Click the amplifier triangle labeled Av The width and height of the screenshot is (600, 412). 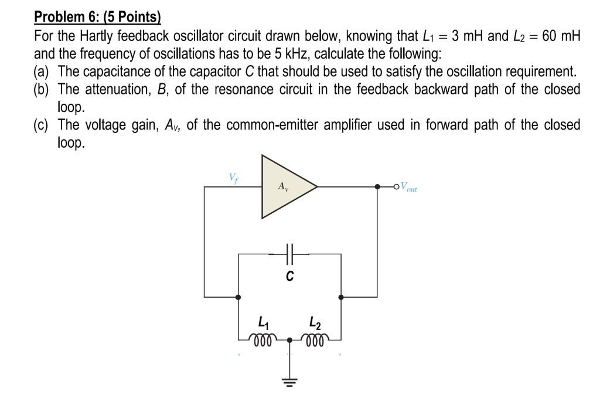pyautogui.click(x=284, y=187)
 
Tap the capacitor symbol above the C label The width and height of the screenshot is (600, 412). pyautogui.click(x=289, y=254)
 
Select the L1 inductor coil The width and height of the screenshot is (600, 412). pyautogui.click(x=260, y=339)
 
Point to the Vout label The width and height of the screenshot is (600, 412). pyautogui.click(x=408, y=188)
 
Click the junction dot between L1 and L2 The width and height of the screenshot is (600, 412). pyautogui.click(x=289, y=339)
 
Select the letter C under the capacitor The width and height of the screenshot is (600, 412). pyautogui.click(x=289, y=275)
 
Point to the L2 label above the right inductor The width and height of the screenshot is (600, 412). pyautogui.click(x=315, y=321)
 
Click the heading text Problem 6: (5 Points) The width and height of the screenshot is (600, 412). pyautogui.click(x=97, y=16)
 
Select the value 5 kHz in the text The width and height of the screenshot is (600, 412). pyautogui.click(x=285, y=54)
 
